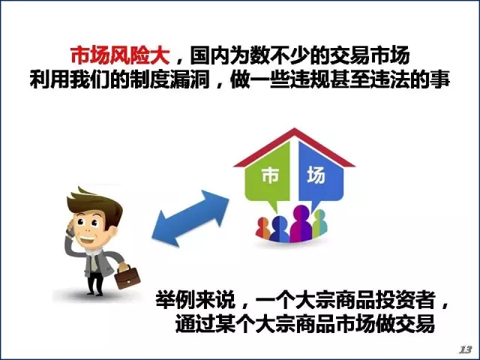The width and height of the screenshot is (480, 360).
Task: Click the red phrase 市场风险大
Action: [120, 56]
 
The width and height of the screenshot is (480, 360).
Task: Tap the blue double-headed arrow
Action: [190, 218]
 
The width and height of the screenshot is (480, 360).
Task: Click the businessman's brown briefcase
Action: [127, 277]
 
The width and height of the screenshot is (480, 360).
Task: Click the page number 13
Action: [466, 349]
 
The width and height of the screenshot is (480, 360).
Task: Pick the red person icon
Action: [262, 228]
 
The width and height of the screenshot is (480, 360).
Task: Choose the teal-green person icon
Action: [320, 223]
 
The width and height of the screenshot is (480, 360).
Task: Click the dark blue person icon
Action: [280, 229]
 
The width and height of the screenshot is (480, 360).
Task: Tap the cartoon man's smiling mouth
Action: [87, 240]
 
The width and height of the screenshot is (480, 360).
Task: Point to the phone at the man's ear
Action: [70, 229]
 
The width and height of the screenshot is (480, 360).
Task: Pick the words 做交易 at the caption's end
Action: [406, 324]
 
